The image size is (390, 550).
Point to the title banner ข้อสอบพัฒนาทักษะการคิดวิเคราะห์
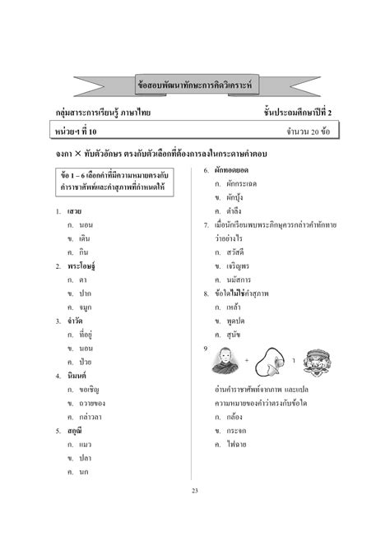195,85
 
